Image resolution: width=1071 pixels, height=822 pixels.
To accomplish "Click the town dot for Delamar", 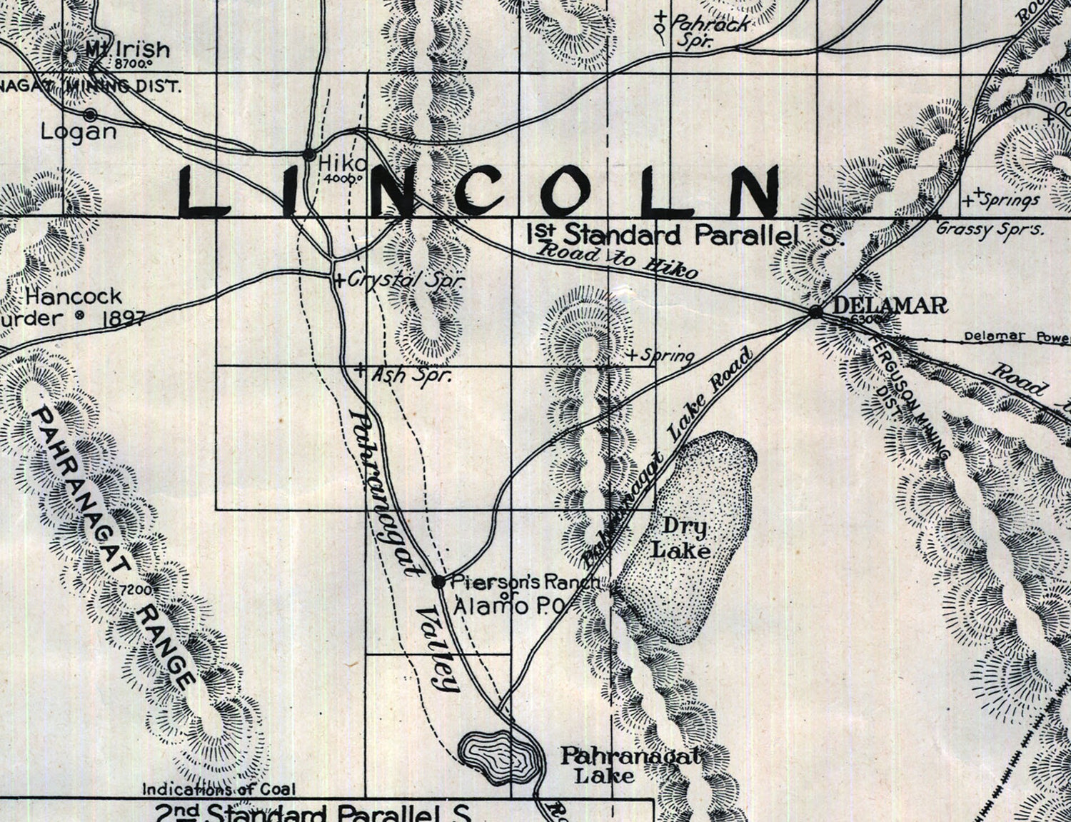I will (815, 311).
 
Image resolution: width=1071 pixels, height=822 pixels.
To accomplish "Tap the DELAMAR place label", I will (890, 306).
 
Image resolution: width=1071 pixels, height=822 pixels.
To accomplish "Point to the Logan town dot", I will (91, 114).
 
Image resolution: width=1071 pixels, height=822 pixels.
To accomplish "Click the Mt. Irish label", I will (129, 50).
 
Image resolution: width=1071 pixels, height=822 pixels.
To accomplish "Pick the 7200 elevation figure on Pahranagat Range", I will (135, 590).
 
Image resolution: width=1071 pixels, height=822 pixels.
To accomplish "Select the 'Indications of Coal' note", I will (219, 789).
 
